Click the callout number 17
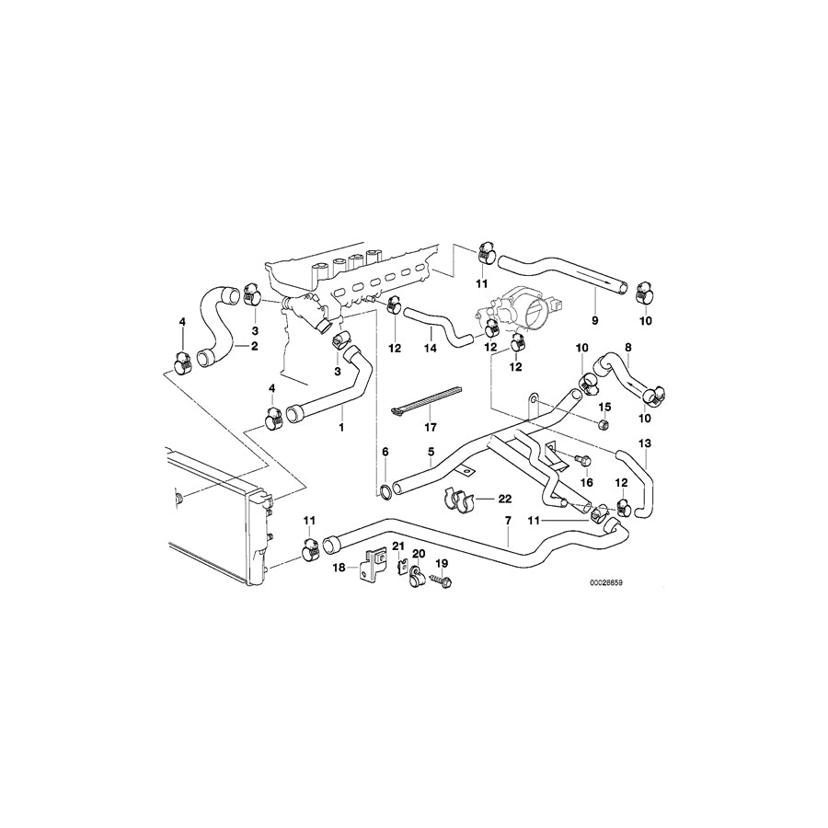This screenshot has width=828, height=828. coord(431,427)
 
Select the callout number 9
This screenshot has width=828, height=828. coord(594,320)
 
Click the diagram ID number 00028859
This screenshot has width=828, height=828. coord(607,584)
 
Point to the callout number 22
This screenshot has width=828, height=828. coord(505,498)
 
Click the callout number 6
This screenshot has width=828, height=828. coord(385,452)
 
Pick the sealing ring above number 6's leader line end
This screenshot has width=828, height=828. coord(385,492)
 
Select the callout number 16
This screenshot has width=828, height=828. coord(587,483)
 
